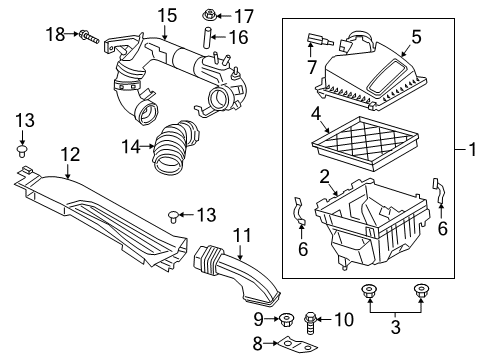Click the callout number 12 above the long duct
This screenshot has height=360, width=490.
(69, 154)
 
